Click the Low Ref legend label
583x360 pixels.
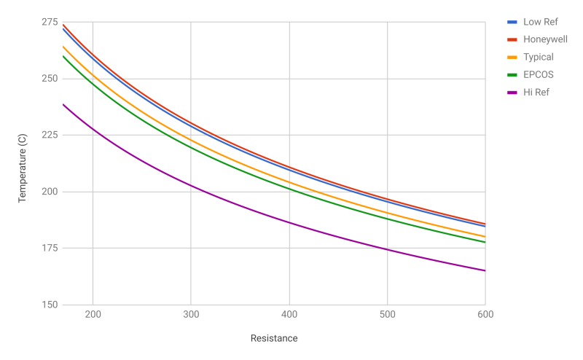(x=540, y=22)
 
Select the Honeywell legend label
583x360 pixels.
(x=545, y=39)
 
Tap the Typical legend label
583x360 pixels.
(x=539, y=57)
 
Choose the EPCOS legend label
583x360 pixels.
(x=539, y=74)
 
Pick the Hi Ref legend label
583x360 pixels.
(x=536, y=92)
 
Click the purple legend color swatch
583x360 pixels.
(x=512, y=93)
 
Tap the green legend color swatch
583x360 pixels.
(x=512, y=75)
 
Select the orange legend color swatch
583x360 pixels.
(x=512, y=58)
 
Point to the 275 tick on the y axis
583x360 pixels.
(x=50, y=22)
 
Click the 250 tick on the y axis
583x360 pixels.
(x=50, y=79)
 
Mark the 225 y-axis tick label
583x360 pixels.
(x=50, y=135)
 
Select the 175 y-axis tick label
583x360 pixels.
(x=50, y=249)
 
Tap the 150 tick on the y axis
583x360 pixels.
(x=50, y=305)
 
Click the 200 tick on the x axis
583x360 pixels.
(x=93, y=315)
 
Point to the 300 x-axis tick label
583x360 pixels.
(x=191, y=315)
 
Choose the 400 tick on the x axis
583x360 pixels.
(x=289, y=315)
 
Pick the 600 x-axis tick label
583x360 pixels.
(x=485, y=315)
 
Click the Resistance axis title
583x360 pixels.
(x=274, y=338)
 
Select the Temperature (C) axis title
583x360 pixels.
(x=23, y=164)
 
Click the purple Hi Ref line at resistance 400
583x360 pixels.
(x=289, y=223)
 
